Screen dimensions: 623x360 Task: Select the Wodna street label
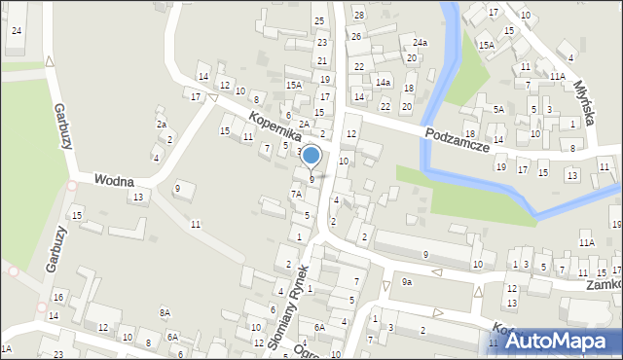(114, 181)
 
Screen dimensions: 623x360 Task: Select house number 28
(358, 15)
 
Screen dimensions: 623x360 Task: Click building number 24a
(420, 43)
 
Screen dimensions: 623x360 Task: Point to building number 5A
(498, 110)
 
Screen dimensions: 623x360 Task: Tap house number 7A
(296, 194)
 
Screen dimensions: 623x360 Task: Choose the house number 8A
(165, 312)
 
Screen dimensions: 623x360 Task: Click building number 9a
(407, 282)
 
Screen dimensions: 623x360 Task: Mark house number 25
(318, 20)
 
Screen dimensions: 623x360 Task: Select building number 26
(356, 37)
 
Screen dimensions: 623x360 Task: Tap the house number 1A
(6, 347)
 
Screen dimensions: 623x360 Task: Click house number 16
(58, 297)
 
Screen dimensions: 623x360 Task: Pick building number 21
(322, 60)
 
